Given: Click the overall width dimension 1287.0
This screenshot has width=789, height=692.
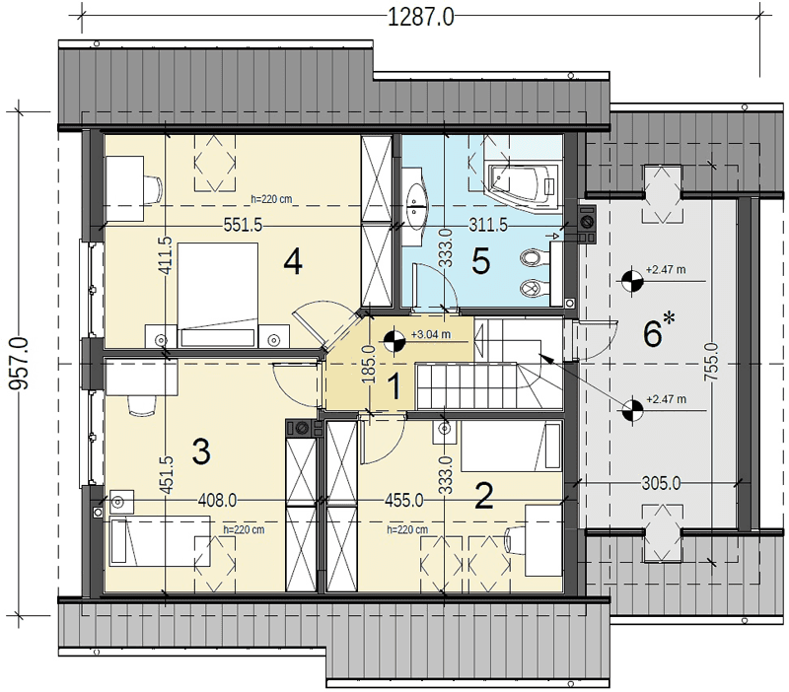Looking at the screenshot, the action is click(421, 18).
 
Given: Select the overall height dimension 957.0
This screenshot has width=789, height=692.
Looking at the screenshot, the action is click(20, 364).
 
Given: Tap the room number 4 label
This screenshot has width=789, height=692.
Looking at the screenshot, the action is click(293, 262).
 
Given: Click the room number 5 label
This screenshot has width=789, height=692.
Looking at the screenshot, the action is click(480, 261).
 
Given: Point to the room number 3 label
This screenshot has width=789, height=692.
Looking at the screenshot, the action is click(201, 451).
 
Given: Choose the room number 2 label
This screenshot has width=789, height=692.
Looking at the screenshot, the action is click(483, 496).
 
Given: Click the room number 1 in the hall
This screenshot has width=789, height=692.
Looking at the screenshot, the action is click(396, 386).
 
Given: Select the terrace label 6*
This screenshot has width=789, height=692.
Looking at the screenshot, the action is click(659, 330).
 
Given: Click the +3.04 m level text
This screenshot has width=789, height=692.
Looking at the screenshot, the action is click(431, 334).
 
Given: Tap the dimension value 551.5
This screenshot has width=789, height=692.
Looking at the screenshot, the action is click(243, 226).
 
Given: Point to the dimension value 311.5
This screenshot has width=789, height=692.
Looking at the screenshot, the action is click(488, 225).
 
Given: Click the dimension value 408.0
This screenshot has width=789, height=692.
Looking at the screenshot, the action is click(217, 501).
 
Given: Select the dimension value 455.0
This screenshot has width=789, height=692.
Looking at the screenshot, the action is click(404, 501).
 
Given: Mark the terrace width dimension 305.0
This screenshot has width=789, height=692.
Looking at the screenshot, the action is click(661, 484).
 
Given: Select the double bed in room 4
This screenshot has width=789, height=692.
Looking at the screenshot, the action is click(218, 295).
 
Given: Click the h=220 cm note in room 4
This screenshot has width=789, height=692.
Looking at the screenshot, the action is click(271, 199).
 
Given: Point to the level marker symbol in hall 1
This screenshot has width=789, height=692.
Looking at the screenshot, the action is click(394, 341).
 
